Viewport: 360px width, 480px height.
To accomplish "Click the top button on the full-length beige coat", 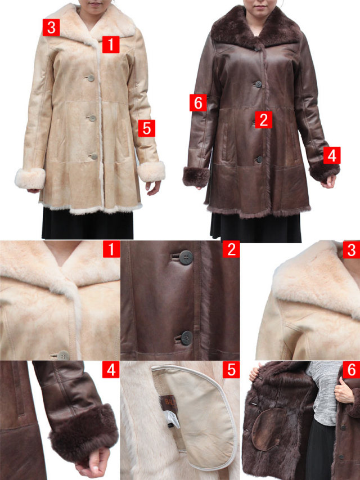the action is [x=91, y=78].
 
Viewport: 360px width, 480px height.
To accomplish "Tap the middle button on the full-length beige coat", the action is [x=92, y=119].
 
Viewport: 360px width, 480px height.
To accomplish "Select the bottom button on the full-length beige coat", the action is [x=94, y=156].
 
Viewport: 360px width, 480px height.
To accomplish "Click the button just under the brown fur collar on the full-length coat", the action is [x=256, y=48].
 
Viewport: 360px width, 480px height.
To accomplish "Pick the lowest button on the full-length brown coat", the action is [x=259, y=159].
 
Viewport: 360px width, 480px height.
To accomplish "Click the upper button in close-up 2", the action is [x=186, y=258].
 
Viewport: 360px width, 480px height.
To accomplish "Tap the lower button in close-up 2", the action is [x=186, y=338].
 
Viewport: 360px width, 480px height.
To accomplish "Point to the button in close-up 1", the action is [x=64, y=356].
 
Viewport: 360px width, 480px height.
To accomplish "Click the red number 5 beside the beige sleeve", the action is [x=147, y=128].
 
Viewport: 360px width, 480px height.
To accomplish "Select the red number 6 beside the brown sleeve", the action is [x=198, y=103].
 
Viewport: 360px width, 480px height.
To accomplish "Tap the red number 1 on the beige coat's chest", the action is [x=111, y=44].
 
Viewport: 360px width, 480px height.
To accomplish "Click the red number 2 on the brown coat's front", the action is [x=264, y=120].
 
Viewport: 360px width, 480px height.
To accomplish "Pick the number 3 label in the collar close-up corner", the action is [x=352, y=249].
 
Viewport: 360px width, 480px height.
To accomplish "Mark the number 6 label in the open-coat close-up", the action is [x=352, y=370].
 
